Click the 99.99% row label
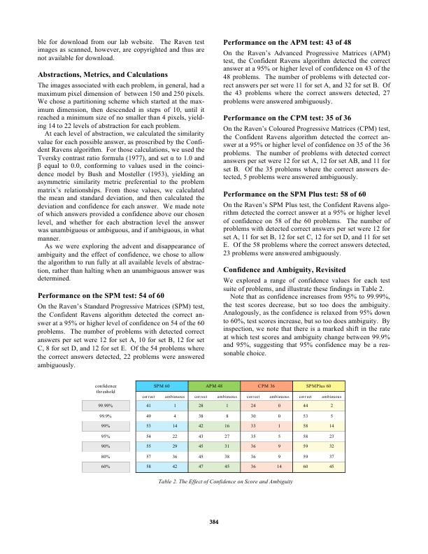click(x=107, y=406)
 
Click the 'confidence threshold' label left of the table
click(x=107, y=388)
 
